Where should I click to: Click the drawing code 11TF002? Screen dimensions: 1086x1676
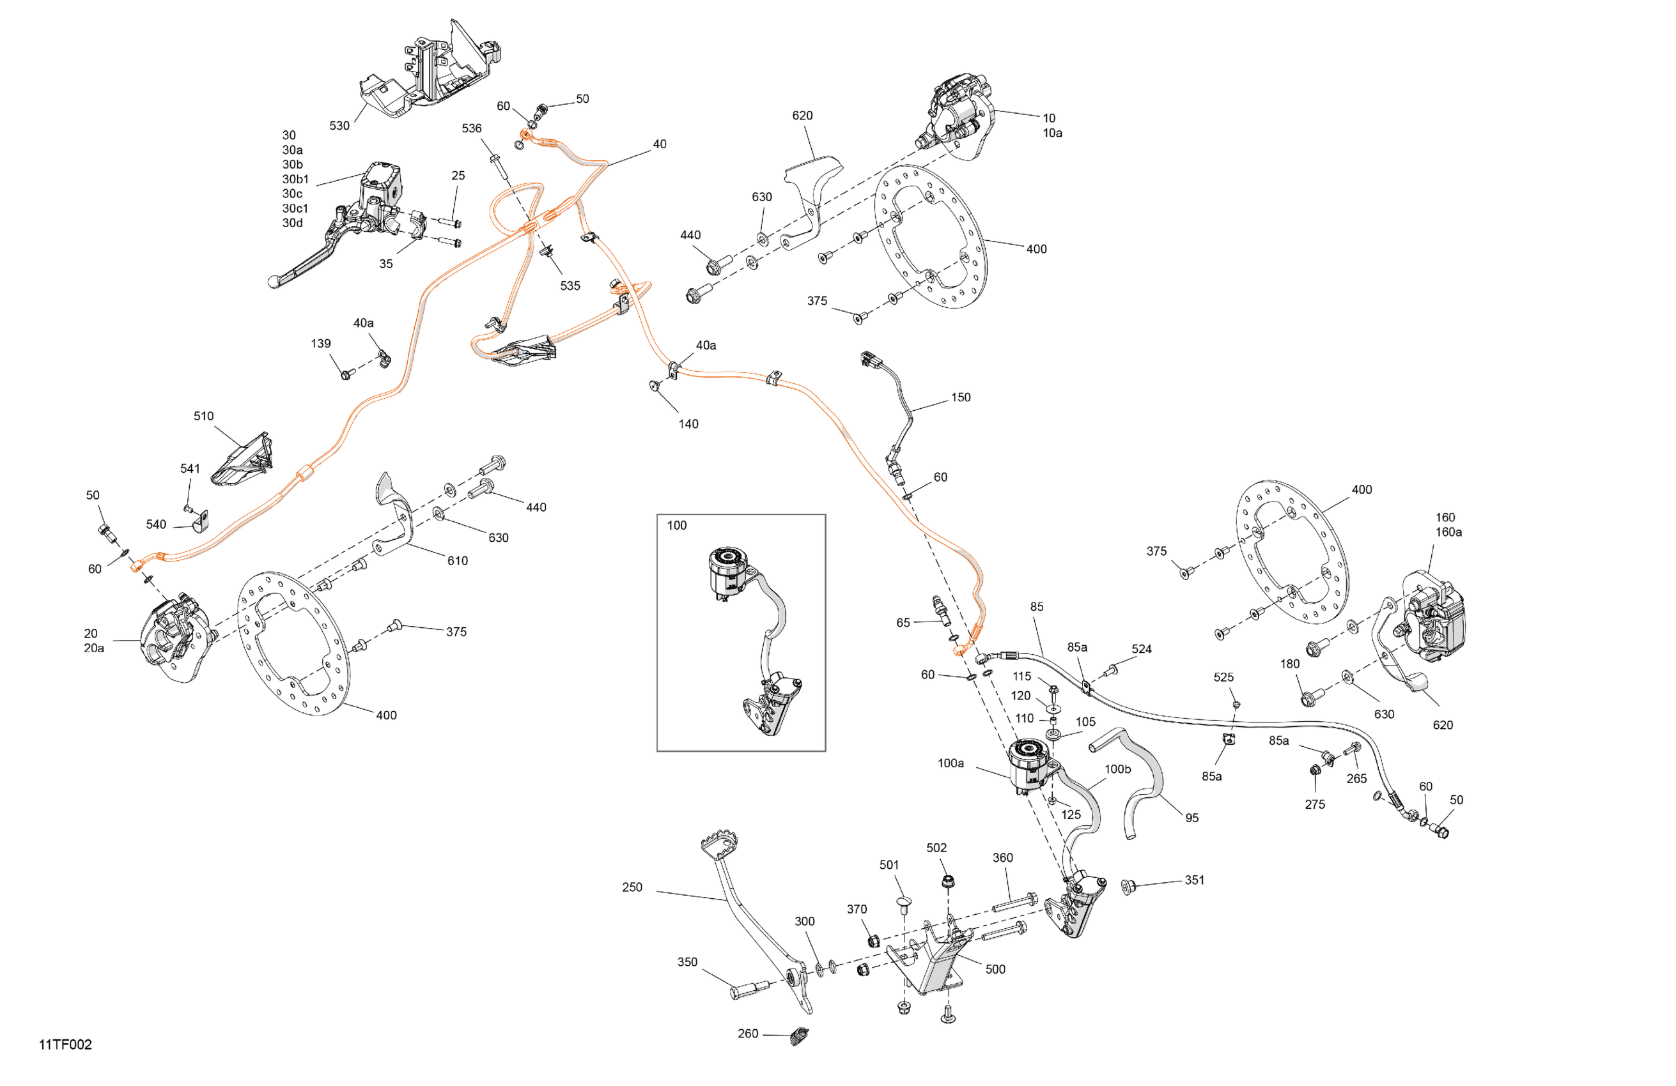(x=65, y=1044)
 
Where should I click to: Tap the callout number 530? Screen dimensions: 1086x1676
(x=339, y=125)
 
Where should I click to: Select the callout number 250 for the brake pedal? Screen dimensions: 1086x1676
(x=632, y=887)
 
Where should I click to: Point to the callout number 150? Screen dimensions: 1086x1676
(x=961, y=397)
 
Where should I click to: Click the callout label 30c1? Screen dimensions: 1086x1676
(x=295, y=208)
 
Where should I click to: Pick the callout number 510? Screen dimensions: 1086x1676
(x=203, y=416)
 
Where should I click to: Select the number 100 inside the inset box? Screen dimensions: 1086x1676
(x=676, y=525)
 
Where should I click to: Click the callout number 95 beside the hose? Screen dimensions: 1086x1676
(x=1191, y=818)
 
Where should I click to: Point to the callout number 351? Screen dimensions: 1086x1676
(x=1194, y=880)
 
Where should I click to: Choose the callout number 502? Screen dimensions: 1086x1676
(x=936, y=848)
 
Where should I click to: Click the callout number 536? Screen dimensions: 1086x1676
(x=471, y=128)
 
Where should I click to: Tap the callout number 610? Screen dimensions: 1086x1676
(x=457, y=560)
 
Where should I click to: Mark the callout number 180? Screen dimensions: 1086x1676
(x=1289, y=664)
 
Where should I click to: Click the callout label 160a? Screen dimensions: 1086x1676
(x=1448, y=532)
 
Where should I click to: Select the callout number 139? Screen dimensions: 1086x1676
(x=320, y=344)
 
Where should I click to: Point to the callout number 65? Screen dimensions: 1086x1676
(x=903, y=622)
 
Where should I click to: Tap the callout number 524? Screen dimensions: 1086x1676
(x=1142, y=649)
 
